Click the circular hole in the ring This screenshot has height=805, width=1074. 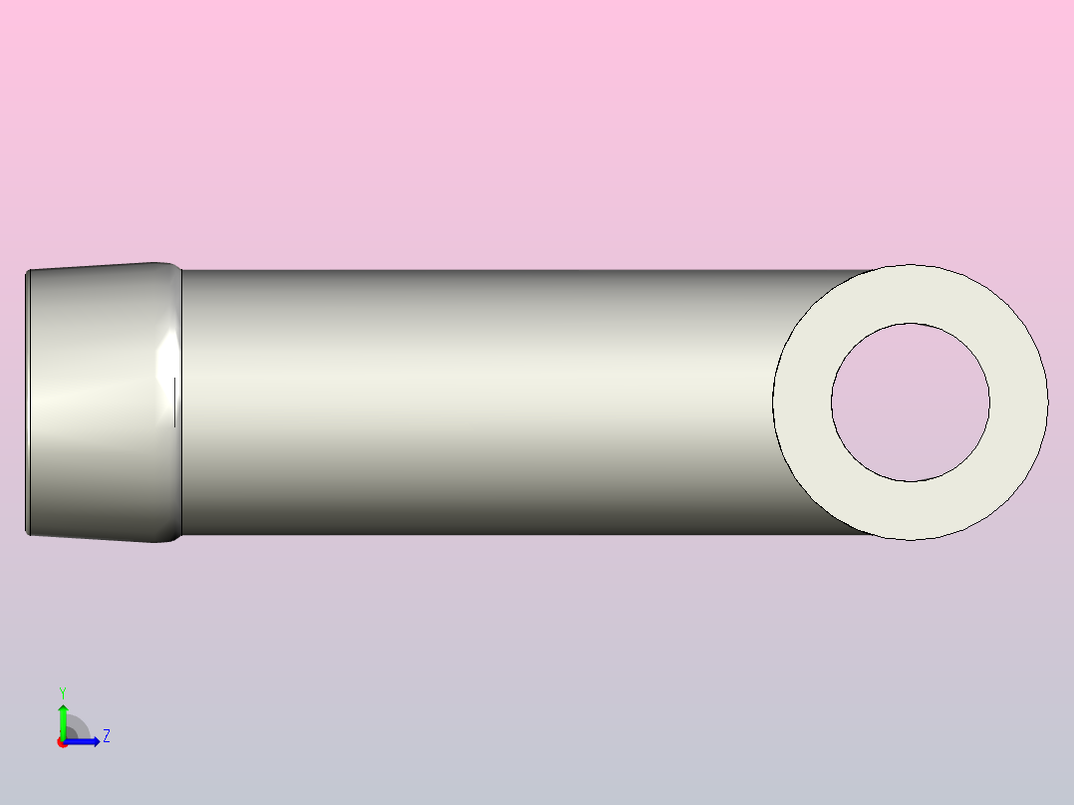pyautogui.click(x=910, y=402)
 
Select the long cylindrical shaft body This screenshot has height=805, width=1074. pyautogui.click(x=478, y=402)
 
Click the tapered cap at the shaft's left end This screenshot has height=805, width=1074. pyautogui.click(x=95, y=402)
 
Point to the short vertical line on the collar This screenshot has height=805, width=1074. pyautogui.click(x=175, y=402)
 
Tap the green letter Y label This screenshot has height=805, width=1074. pyautogui.click(x=62, y=691)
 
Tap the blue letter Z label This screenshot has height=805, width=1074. pyautogui.click(x=106, y=736)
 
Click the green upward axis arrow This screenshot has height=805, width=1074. pyautogui.click(x=62, y=718)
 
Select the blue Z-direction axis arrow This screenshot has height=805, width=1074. pyautogui.click(x=86, y=741)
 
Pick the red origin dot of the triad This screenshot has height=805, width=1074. pyautogui.click(x=62, y=742)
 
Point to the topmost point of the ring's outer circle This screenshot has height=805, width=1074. pyautogui.click(x=910, y=265)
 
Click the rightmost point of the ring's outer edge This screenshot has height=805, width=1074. pyautogui.click(x=1047, y=402)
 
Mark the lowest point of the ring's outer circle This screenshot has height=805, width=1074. pyautogui.click(x=910, y=540)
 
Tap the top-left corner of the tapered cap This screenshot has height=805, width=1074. pyautogui.click(x=28, y=271)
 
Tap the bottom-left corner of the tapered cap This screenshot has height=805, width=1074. pyautogui.click(x=28, y=534)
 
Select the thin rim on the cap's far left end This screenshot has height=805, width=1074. pyautogui.click(x=27, y=402)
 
